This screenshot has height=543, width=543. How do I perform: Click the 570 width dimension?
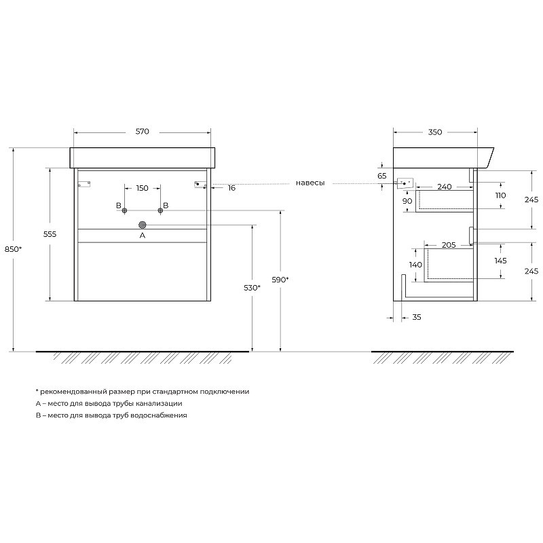click(142, 131)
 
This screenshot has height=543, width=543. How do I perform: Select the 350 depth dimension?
click(435, 132)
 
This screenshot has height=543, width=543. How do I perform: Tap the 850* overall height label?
click(13, 249)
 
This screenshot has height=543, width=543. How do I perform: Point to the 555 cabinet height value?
click(50, 234)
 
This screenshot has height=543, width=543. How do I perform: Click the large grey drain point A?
click(143, 225)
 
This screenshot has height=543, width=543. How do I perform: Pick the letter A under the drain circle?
click(143, 236)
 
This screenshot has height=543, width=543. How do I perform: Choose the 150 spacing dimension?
click(142, 188)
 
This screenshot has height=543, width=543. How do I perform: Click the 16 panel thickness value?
click(231, 188)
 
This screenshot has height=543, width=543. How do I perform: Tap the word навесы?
click(310, 183)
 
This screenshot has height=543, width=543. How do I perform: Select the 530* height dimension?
click(252, 287)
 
